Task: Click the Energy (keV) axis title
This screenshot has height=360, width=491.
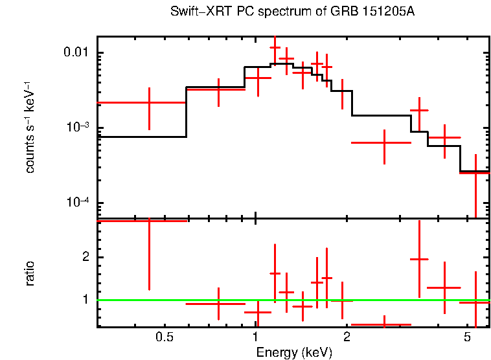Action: coord(294,353)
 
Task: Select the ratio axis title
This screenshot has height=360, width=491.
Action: coord(30,273)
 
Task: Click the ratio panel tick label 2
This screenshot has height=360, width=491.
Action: coord(87,258)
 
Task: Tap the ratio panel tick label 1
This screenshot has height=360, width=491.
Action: coord(87,300)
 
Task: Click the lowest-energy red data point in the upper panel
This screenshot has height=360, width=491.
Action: coord(149,102)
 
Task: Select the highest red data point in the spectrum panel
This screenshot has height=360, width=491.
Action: coord(275,47)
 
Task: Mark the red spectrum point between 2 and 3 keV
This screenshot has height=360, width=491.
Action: coord(384,142)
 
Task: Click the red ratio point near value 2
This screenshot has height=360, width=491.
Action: coord(420,259)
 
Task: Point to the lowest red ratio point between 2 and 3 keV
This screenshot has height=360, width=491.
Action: coord(384,324)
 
